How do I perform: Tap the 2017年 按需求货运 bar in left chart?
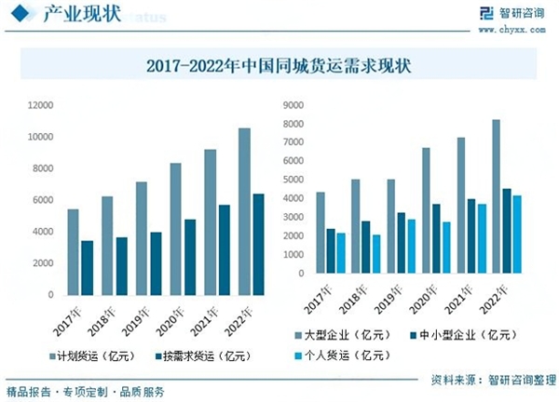click(x=88, y=267)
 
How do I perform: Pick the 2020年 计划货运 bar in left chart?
click(x=175, y=229)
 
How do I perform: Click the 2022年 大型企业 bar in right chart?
click(x=496, y=196)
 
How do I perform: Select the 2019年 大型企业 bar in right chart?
click(x=390, y=226)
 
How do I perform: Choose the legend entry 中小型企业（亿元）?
click(x=465, y=333)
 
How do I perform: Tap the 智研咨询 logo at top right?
click(x=512, y=15)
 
